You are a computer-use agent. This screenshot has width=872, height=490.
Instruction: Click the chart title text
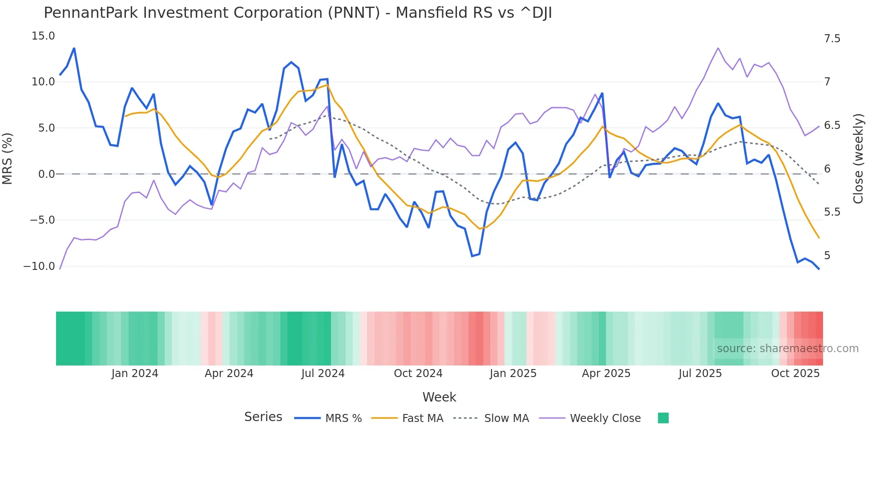pos(298,13)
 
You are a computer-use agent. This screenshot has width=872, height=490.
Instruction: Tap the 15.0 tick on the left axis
pos(43,36)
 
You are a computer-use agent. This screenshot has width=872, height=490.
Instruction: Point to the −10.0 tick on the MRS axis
pos(39,266)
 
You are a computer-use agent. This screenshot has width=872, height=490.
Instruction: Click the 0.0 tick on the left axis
pos(46,174)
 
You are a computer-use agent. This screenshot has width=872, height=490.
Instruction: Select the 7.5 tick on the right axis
pos(832,39)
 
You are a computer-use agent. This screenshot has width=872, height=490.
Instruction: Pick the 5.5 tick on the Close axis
pos(832,212)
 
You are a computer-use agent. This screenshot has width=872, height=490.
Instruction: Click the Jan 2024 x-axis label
pos(135,374)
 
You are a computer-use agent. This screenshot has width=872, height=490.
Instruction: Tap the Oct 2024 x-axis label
pos(418,374)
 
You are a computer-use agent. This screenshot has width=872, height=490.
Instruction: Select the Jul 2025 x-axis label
pos(700,374)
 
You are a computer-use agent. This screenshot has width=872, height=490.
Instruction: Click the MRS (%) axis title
pos(8,158)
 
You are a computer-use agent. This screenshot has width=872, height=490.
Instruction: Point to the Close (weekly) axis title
pos(858,159)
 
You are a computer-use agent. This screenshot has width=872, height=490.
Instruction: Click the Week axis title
pos(439,397)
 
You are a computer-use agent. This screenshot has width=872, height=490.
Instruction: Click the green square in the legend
pos(663,418)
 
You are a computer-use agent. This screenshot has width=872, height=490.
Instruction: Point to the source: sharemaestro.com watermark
pos(787,349)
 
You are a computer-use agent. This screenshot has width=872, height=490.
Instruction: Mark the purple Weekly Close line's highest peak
pos(718,48)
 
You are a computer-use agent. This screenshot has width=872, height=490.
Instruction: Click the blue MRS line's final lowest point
pos(819,269)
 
